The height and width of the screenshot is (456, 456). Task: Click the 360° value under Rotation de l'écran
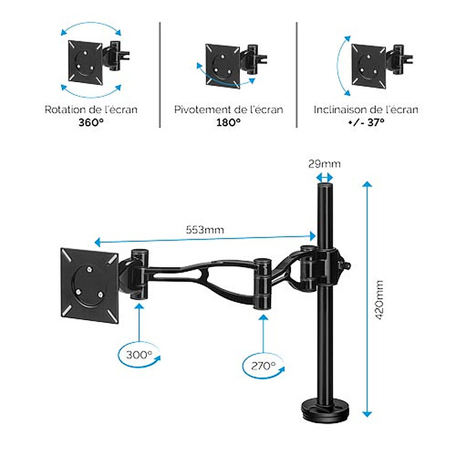pyautogui.click(x=91, y=122)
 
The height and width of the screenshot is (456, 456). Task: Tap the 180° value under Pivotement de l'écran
pyautogui.click(x=228, y=122)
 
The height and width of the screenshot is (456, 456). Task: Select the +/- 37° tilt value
pyautogui.click(x=366, y=122)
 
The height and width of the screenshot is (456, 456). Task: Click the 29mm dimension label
pyautogui.click(x=324, y=164)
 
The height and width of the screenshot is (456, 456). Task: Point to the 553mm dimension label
pyautogui.click(x=205, y=230)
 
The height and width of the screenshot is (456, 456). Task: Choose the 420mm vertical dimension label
pyautogui.click(x=379, y=300)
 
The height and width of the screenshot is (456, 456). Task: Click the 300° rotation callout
pyautogui.click(x=139, y=355)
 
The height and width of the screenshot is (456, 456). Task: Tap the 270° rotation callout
pyautogui.click(x=263, y=366)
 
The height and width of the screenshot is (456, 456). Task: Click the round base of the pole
pyautogui.click(x=325, y=407)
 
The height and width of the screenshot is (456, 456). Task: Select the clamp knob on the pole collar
pyautogui.click(x=346, y=265)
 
